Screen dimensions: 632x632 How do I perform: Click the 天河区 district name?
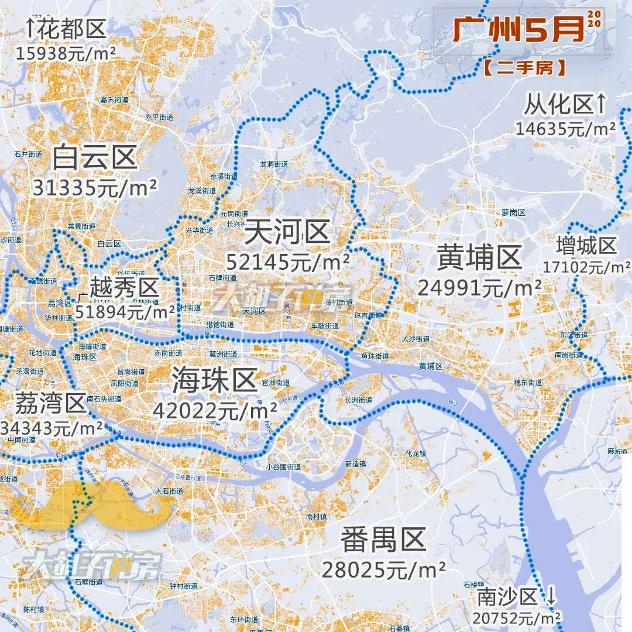(287, 233)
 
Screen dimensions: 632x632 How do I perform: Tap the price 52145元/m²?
(288, 262)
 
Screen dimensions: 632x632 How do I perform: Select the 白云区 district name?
(94, 157)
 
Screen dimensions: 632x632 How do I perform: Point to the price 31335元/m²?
(95, 188)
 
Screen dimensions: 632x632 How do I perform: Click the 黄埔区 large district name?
(479, 257)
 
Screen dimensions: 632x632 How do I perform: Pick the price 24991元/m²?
(479, 287)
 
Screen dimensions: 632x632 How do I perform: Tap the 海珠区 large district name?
(215, 381)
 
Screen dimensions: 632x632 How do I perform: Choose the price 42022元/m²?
(215, 410)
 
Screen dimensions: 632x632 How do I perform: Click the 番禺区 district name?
(383, 540)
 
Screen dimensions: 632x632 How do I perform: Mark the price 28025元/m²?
(383, 569)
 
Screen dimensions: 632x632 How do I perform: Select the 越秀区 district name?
(125, 288)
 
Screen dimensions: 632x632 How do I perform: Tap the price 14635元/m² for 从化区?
(565, 128)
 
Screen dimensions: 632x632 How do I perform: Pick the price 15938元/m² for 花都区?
(66, 53)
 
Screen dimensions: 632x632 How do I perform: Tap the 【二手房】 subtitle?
(525, 68)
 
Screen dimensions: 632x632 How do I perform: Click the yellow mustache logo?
(97, 506)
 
